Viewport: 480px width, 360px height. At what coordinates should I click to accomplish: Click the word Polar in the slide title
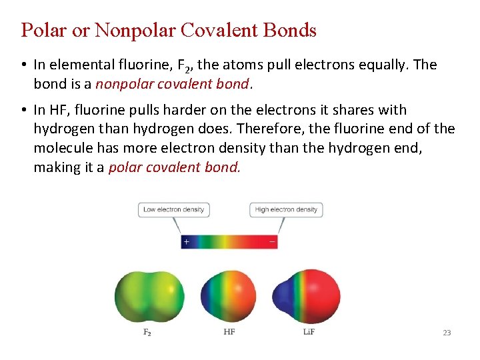[45, 30]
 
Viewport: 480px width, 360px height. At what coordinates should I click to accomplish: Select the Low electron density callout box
[173, 209]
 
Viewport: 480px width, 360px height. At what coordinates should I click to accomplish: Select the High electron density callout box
[286, 209]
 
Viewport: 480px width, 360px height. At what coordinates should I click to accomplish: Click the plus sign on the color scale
[187, 241]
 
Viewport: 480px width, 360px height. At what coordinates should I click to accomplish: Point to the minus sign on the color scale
[271, 241]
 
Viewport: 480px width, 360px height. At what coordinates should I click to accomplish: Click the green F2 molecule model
[149, 296]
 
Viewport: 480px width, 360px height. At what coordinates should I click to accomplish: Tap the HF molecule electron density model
[227, 296]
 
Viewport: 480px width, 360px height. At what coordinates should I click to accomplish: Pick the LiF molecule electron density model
[306, 296]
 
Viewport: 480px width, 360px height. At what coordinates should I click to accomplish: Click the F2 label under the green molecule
[147, 332]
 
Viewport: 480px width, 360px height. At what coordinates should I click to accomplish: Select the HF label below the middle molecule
[229, 332]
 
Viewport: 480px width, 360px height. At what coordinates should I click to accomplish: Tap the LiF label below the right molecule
[309, 332]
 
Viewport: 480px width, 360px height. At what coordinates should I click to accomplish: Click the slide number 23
[447, 333]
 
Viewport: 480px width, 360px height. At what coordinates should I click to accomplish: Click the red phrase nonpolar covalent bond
[173, 85]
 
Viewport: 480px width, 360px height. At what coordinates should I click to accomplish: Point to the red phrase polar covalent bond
[173, 167]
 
